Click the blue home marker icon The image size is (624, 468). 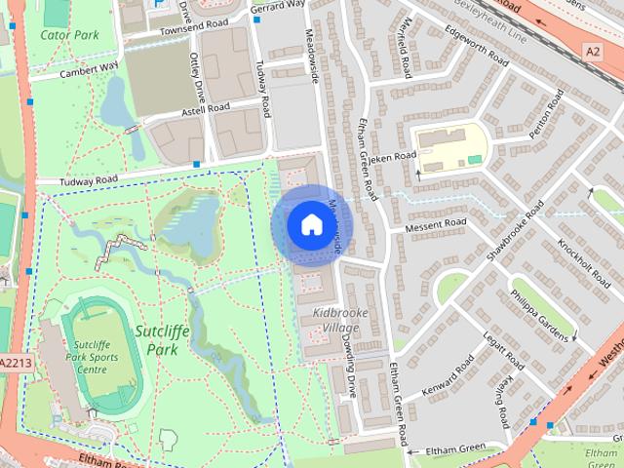(x=311, y=225)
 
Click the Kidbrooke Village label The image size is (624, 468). (x=335, y=320)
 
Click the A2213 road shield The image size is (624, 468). (x=15, y=364)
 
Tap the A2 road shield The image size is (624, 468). (x=594, y=50)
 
